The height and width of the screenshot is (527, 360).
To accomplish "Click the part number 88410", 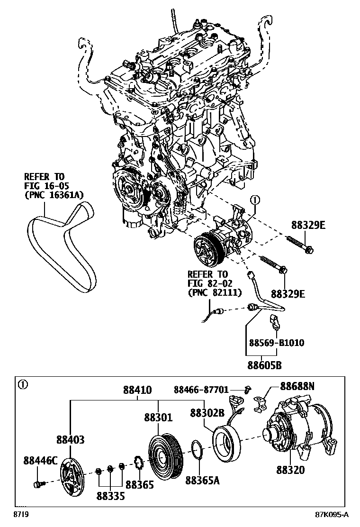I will (137, 391).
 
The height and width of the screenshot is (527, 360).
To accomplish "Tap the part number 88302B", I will (207, 412).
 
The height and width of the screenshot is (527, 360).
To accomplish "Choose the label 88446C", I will (41, 460).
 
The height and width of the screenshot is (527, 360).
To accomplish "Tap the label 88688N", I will (297, 386).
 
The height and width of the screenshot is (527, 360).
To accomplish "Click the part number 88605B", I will (265, 365).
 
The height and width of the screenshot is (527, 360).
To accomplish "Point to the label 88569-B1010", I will (277, 343).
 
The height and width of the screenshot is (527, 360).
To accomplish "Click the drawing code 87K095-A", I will (333, 515).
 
